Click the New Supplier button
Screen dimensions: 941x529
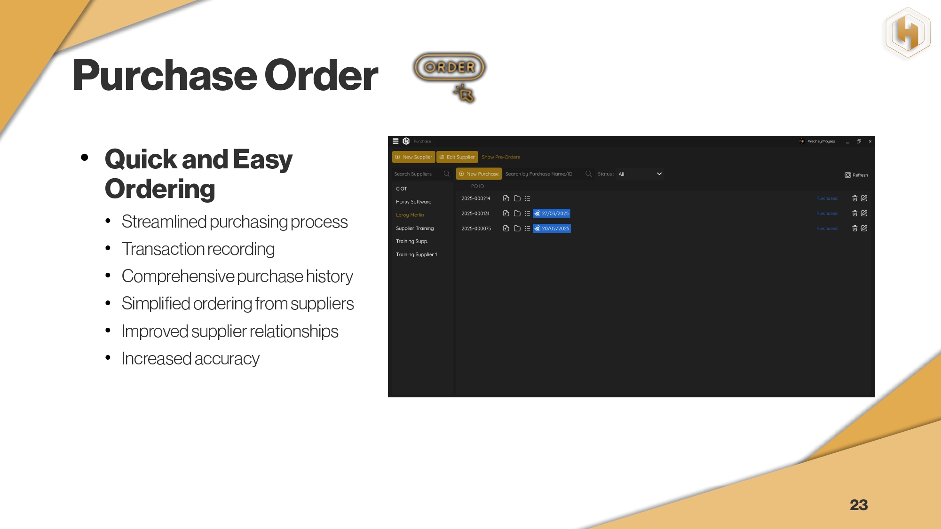point(413,157)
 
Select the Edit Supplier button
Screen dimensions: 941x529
point(457,157)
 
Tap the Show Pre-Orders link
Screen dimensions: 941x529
point(501,157)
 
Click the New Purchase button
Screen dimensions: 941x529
point(479,174)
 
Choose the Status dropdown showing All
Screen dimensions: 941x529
point(640,174)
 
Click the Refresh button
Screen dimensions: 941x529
point(856,175)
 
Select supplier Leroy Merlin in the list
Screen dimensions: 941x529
point(410,215)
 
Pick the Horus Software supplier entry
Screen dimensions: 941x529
point(413,202)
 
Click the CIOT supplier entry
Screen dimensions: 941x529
point(402,189)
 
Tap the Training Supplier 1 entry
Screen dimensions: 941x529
point(417,254)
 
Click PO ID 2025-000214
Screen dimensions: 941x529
point(476,198)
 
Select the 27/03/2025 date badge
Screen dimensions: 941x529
point(552,213)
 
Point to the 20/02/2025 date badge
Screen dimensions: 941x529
point(552,229)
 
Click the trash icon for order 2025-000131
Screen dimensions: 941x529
point(855,213)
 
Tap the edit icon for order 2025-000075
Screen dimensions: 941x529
point(864,229)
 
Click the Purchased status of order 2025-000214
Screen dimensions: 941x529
point(827,198)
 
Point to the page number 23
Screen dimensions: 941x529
point(859,505)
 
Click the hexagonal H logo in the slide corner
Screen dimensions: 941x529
point(908,33)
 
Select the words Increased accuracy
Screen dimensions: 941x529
point(190,359)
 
